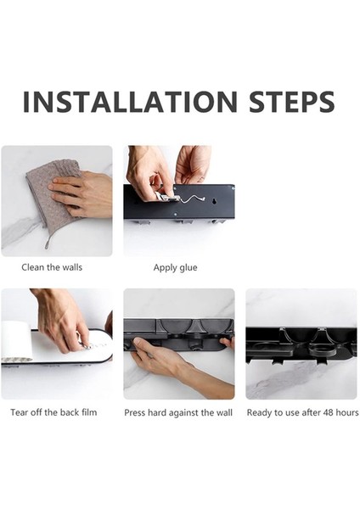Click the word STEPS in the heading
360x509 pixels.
[x=292, y=102]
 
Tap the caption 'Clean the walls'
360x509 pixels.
[x=52, y=267]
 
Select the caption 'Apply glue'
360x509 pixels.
[x=175, y=268]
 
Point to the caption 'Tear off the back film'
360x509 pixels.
[x=53, y=412]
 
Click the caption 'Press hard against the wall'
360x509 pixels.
[x=178, y=412]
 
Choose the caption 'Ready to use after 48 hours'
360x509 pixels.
[x=302, y=412]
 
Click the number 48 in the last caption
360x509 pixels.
[x=328, y=412]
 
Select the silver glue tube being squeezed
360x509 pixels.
[x=167, y=197]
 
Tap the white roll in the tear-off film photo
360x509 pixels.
[x=16, y=341]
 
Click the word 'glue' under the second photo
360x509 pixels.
[x=188, y=268]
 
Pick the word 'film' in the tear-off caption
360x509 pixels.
[x=89, y=412]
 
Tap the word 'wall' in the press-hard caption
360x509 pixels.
[x=224, y=412]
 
